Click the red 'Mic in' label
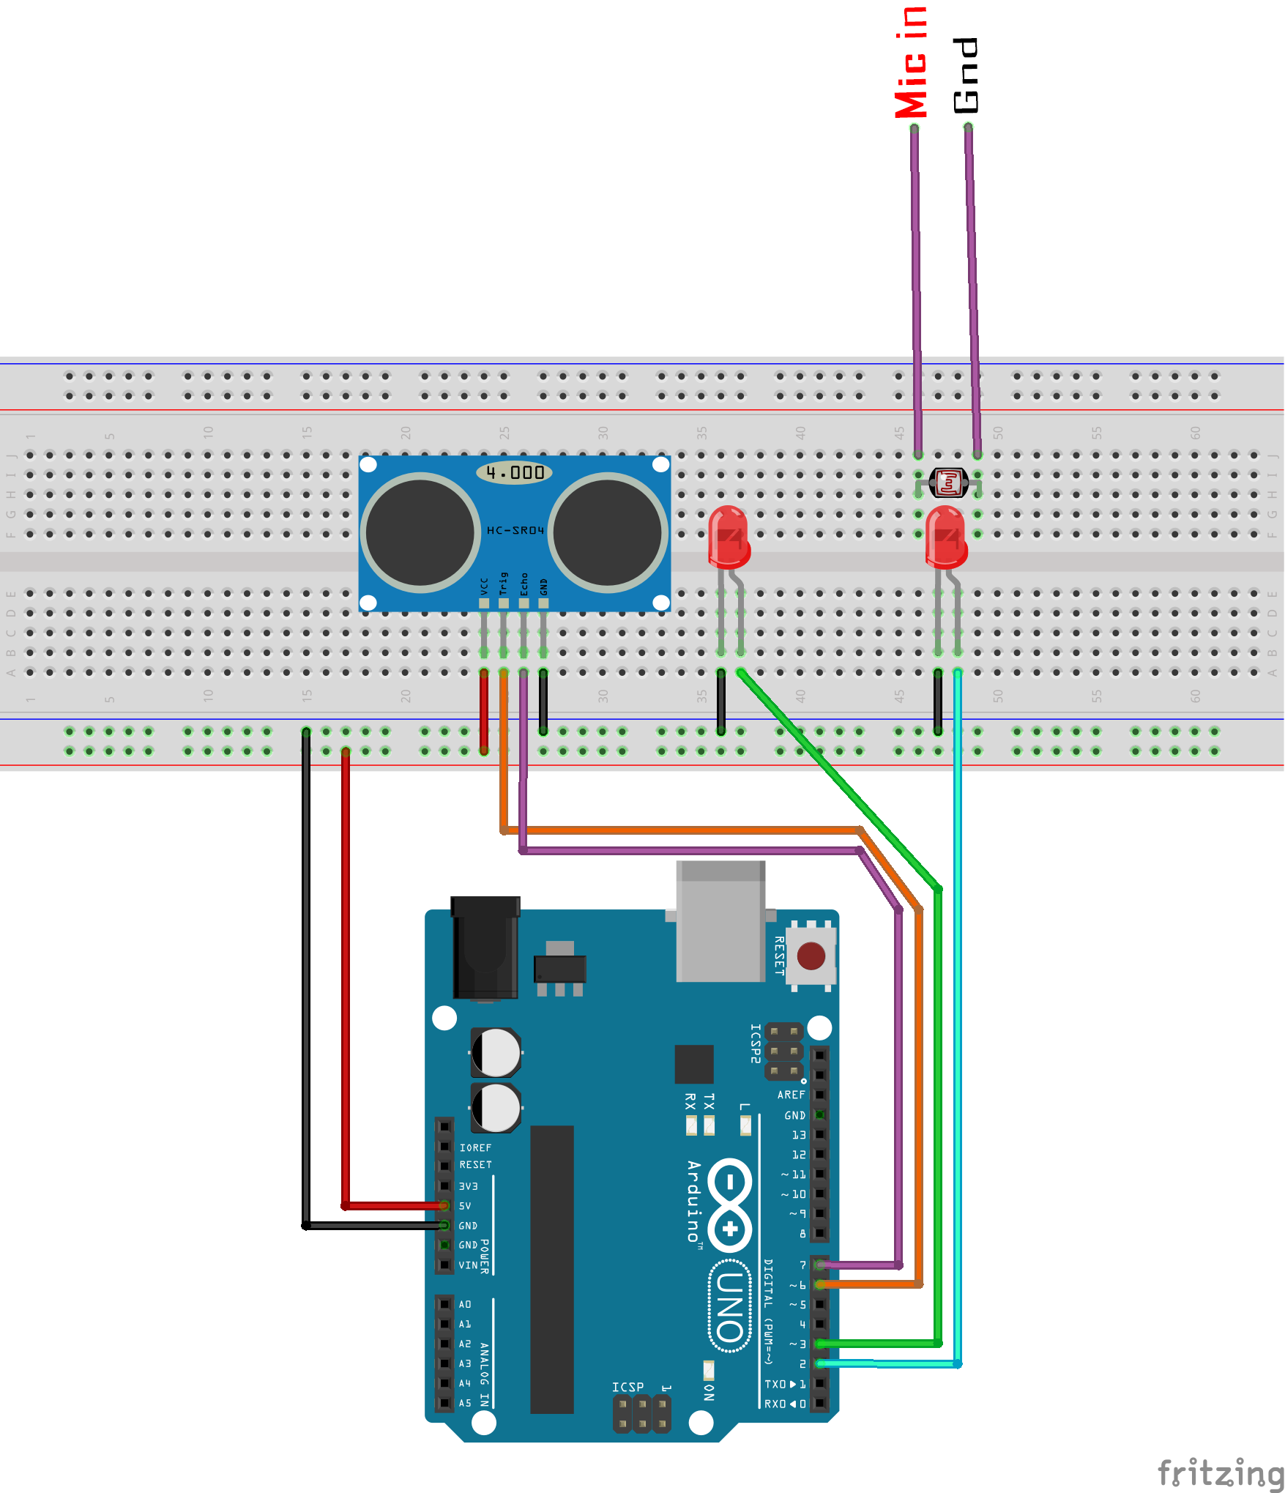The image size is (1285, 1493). (x=912, y=62)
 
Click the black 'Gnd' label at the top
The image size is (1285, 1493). (x=966, y=75)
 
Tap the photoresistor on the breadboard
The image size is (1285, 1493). (x=948, y=483)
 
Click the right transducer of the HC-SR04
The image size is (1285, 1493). (x=607, y=532)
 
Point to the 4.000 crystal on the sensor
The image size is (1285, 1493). (x=515, y=473)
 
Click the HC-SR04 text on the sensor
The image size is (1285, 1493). (x=515, y=530)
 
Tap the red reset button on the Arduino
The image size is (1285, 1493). (x=811, y=956)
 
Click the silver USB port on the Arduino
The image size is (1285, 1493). (x=721, y=923)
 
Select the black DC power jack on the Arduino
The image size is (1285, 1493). (x=485, y=948)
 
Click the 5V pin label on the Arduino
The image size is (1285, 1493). (x=465, y=1206)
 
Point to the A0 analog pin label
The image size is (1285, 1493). (x=465, y=1304)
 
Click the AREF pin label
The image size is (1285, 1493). (x=791, y=1095)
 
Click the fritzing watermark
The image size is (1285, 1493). (x=1221, y=1472)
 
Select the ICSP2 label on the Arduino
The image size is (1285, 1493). (x=756, y=1043)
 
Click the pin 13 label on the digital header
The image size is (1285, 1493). (x=798, y=1135)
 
